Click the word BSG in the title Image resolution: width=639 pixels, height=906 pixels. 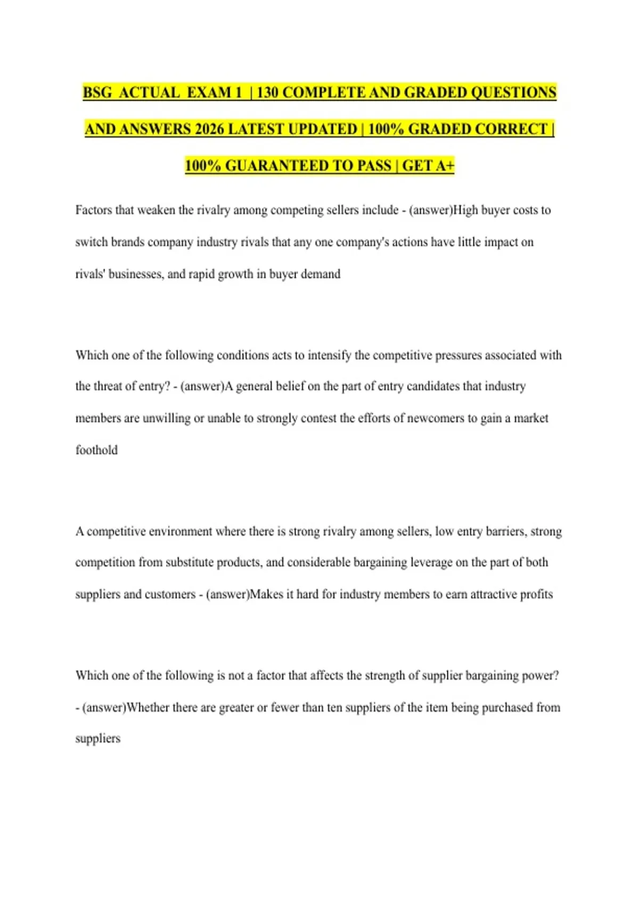click(x=97, y=93)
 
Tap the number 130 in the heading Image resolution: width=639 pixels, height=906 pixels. click(x=267, y=93)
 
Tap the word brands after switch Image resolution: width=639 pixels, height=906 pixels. click(x=128, y=242)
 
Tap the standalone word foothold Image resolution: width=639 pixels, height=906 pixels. click(x=96, y=450)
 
